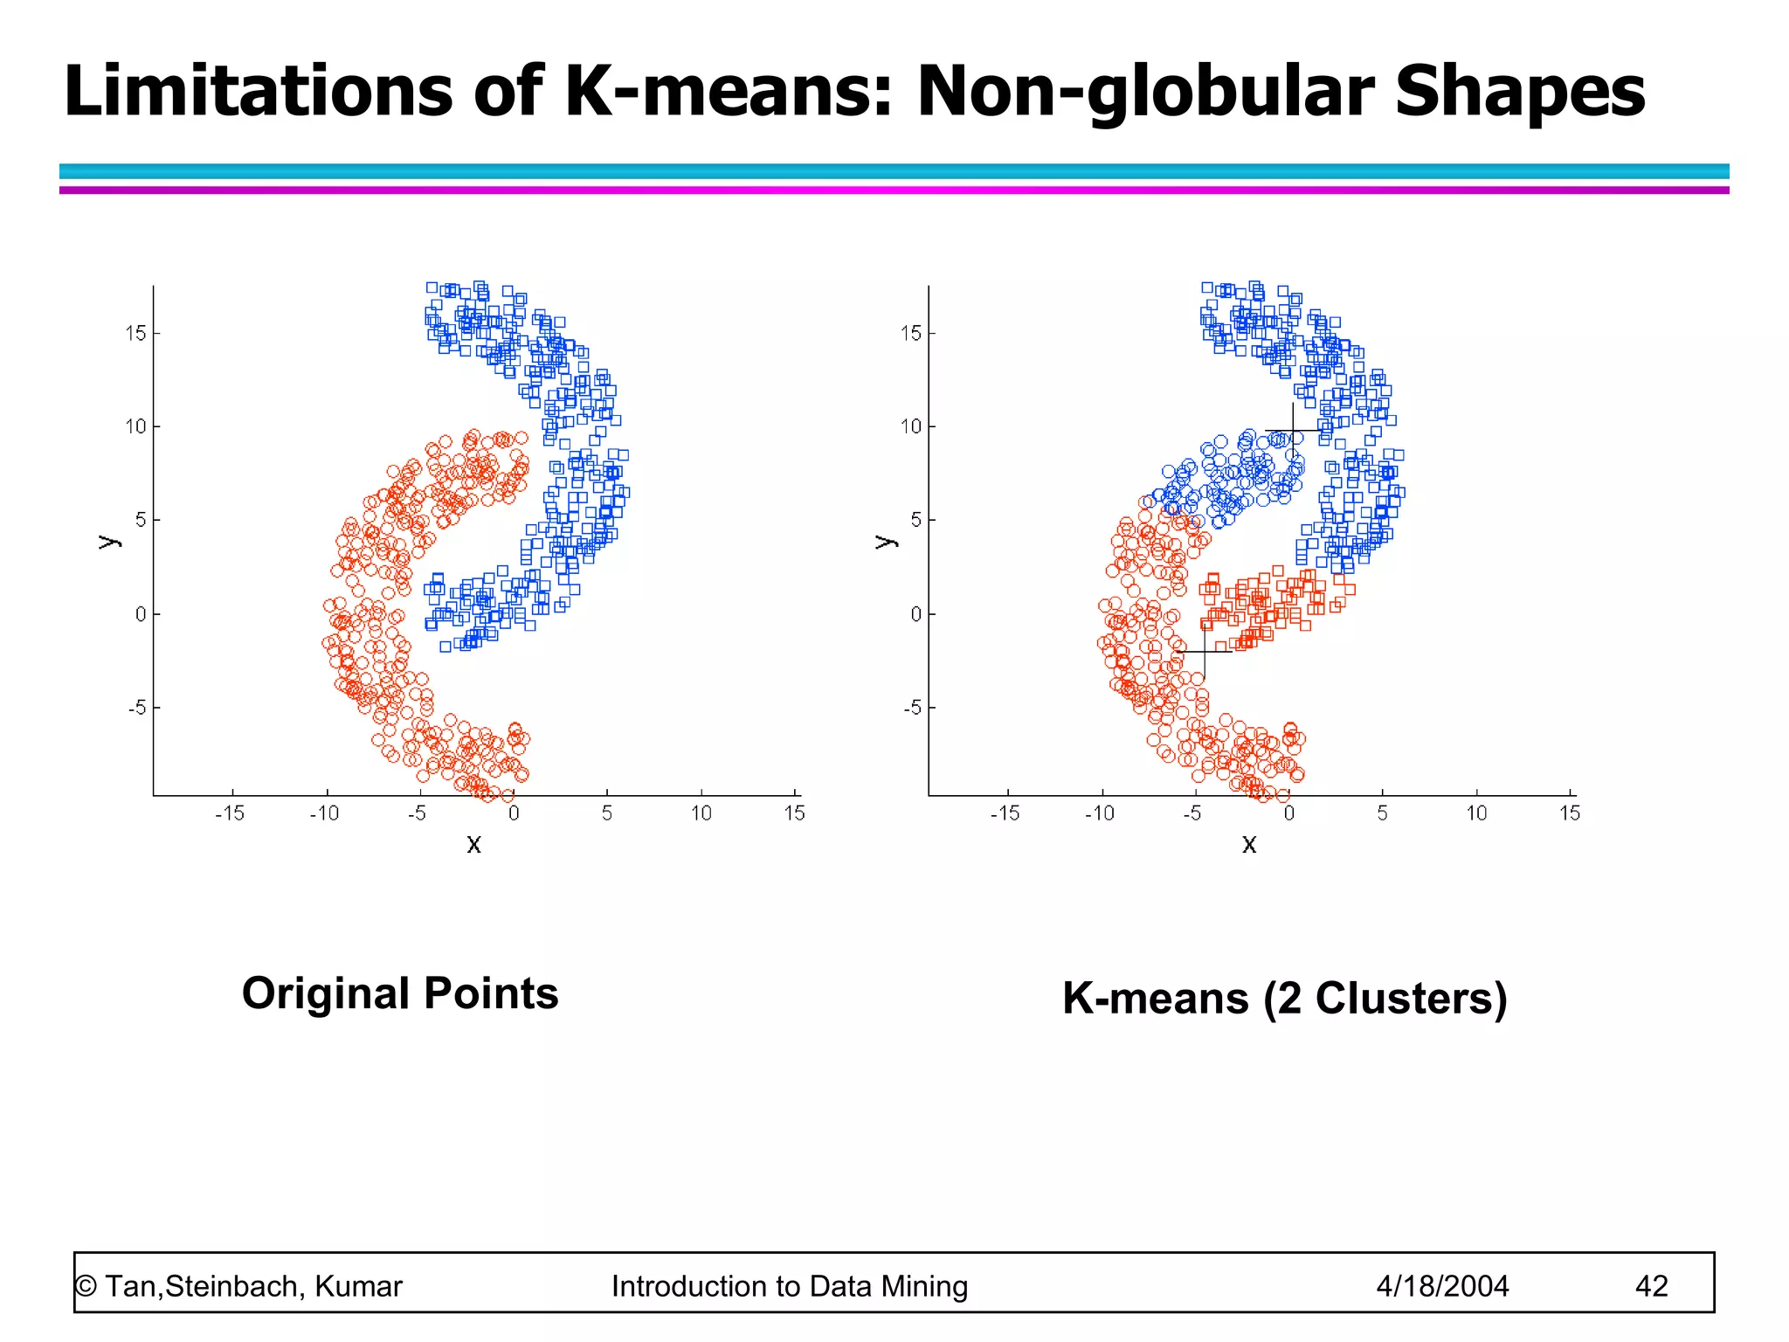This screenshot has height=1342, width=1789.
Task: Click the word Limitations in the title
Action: coord(259,91)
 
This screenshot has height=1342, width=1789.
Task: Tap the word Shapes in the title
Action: coord(1520,93)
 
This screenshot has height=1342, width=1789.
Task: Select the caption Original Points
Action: coord(400,993)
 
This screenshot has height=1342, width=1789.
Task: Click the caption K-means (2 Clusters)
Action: coord(1284,998)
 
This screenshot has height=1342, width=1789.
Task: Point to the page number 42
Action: coord(1651,1286)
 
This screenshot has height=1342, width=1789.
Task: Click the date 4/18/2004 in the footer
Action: coord(1442,1286)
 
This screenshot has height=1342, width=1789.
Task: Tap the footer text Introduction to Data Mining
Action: coord(790,1286)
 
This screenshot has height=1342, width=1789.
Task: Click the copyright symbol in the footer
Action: coord(86,1286)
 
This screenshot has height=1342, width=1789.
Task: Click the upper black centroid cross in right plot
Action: coord(1293,430)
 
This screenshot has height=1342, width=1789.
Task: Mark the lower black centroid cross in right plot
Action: coord(1205,652)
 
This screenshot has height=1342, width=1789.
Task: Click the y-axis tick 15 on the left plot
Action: coord(135,333)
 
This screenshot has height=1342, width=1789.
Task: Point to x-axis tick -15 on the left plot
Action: coord(230,813)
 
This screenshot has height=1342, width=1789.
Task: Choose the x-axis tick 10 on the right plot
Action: coord(1476,813)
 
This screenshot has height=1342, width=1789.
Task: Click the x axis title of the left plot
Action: coord(473,844)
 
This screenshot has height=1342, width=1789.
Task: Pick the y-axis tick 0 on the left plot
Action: coord(141,614)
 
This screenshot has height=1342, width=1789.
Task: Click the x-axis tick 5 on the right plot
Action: coord(1382,813)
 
